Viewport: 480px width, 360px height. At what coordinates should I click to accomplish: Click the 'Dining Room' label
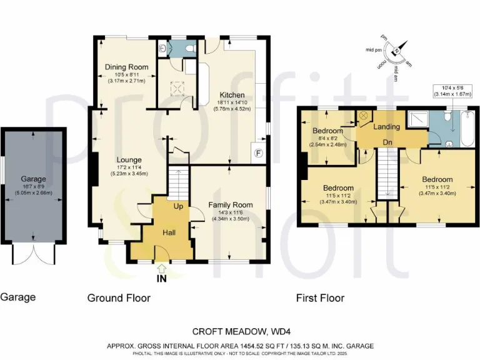pyautogui.click(x=126, y=67)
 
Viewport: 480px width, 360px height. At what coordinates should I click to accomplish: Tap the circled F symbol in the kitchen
pyautogui.click(x=256, y=152)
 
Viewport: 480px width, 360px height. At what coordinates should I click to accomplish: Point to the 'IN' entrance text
pyautogui.click(x=162, y=279)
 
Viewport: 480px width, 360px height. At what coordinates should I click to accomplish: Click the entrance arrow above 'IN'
pyautogui.click(x=162, y=268)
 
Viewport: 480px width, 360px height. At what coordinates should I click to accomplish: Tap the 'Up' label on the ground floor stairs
pyautogui.click(x=178, y=206)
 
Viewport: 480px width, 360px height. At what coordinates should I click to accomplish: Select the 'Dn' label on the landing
pyautogui.click(x=387, y=141)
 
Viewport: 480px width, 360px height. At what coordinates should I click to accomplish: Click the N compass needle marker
pyautogui.click(x=395, y=52)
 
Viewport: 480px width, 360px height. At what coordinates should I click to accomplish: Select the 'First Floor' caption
pyautogui.click(x=320, y=298)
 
